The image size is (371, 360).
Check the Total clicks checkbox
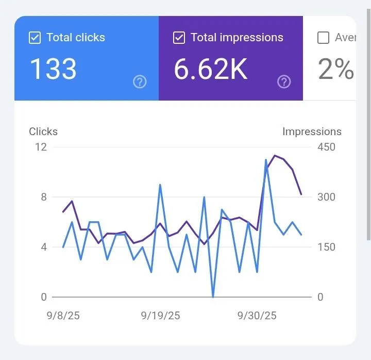35,38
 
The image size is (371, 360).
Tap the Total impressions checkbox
179,38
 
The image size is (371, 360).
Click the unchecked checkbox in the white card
323,38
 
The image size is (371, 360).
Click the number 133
53,69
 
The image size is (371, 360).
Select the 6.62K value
211,69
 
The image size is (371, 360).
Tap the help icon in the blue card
140,81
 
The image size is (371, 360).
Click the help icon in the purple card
284,81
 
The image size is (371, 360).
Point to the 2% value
336,69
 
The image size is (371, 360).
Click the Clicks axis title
43,132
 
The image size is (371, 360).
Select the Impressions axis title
312,132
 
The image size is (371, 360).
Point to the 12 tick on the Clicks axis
41,147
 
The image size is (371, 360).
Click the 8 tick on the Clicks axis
43,197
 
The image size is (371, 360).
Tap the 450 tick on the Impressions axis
326,147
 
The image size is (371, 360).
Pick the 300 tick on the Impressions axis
326,197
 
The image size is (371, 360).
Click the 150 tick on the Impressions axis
326,247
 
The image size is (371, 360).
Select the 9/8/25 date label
63,316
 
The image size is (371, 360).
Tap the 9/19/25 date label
160,316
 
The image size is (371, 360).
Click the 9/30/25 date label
257,316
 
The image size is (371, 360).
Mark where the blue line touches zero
213,297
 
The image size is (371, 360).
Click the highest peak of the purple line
275,155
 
